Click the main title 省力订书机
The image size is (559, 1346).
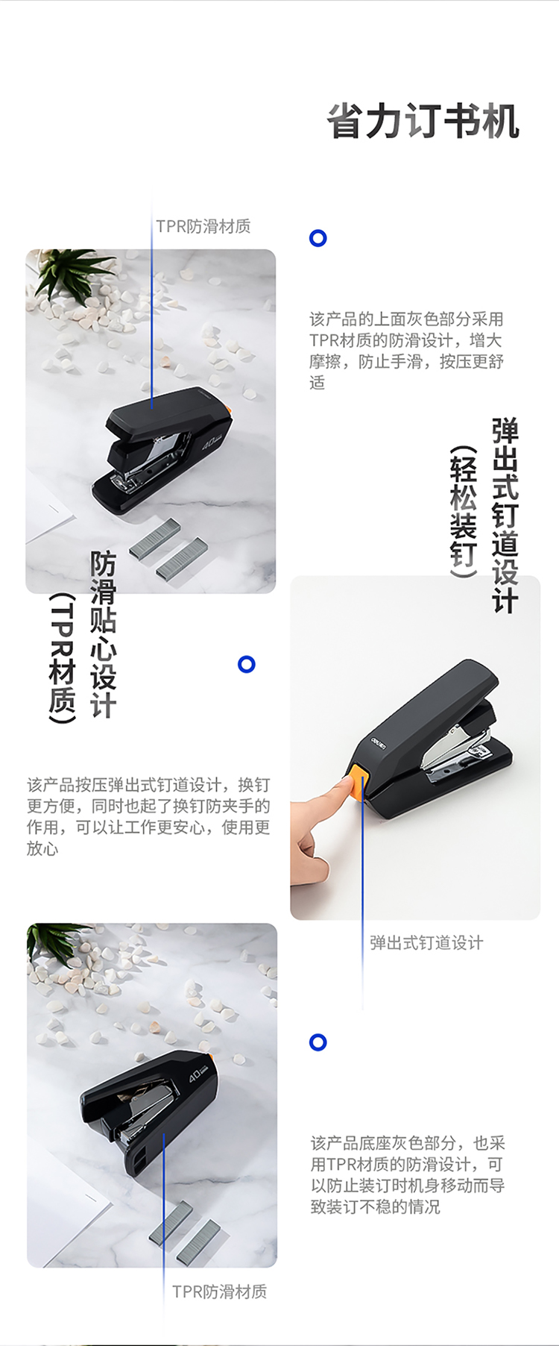click(x=423, y=122)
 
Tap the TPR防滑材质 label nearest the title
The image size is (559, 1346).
click(x=203, y=226)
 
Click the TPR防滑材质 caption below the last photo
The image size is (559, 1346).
click(x=220, y=1292)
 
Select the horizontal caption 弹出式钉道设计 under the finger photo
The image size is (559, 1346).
click(x=426, y=942)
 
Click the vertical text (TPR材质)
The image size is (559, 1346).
click(x=63, y=658)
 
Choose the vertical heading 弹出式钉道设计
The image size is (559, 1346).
click(x=505, y=516)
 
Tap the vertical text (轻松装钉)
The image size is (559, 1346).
click(x=463, y=512)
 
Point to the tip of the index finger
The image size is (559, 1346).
click(x=347, y=784)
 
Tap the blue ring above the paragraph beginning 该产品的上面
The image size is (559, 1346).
click(x=318, y=238)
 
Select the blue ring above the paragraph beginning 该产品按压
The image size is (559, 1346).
click(x=247, y=664)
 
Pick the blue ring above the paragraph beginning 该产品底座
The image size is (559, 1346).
click(x=318, y=1042)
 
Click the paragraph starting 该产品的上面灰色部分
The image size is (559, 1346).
click(x=407, y=351)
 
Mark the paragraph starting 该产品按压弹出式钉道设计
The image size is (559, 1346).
click(x=148, y=816)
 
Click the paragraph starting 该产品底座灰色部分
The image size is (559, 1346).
click(x=408, y=1174)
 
